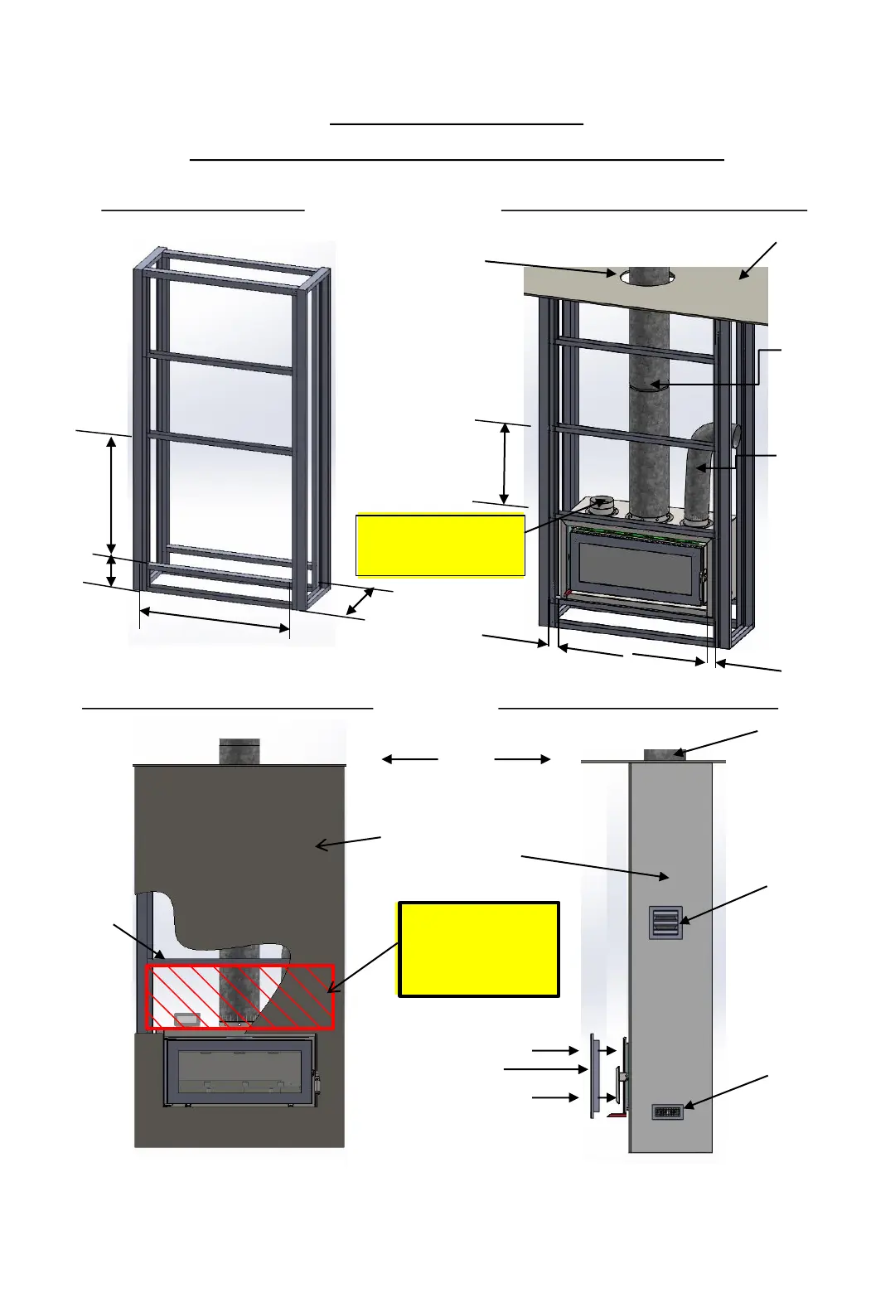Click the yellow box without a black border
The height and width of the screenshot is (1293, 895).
click(x=440, y=545)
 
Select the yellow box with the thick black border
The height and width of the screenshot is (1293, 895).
click(x=479, y=949)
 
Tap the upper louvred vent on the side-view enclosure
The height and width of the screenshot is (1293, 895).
click(x=665, y=922)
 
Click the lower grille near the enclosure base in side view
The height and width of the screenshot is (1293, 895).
click(x=667, y=1111)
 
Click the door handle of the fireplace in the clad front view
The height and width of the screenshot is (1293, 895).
click(x=316, y=1082)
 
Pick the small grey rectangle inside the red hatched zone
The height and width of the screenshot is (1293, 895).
click(x=186, y=1019)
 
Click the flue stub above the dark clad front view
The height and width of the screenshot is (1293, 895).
click(x=239, y=751)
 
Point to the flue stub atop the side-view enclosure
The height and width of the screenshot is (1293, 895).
click(x=665, y=754)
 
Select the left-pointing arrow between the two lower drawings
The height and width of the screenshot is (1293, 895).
click(x=409, y=758)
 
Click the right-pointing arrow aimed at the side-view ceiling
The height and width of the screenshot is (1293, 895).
click(x=523, y=758)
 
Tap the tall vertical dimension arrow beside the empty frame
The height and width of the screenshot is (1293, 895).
click(x=112, y=493)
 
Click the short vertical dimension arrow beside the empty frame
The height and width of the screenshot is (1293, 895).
click(x=112, y=571)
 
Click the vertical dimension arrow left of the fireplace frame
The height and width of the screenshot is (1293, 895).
click(x=505, y=462)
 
